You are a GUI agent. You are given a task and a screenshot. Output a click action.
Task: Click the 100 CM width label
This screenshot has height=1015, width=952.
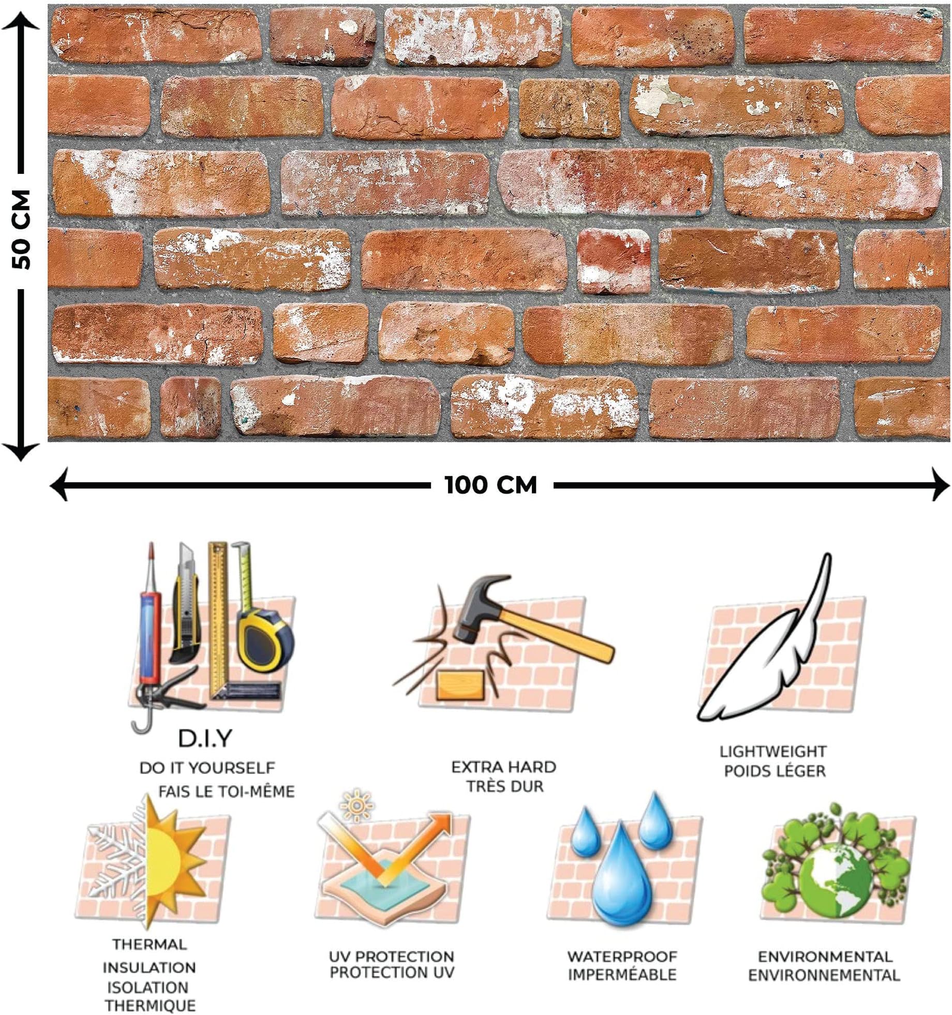pos(490,485)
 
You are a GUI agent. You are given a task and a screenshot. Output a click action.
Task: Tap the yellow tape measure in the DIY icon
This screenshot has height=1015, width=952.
pos(264,641)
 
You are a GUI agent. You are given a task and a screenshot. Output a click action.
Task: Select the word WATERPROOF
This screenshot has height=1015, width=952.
pos(621,956)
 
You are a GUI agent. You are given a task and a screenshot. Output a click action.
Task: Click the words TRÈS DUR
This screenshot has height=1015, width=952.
pos(504,786)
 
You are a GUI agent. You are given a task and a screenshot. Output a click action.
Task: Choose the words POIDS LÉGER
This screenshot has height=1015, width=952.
pos(775,771)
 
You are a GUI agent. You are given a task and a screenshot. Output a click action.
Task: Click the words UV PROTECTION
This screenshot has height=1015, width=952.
pos(391,956)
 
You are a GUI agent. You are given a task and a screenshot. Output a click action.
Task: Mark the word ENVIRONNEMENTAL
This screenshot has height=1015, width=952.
pos(824,975)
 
